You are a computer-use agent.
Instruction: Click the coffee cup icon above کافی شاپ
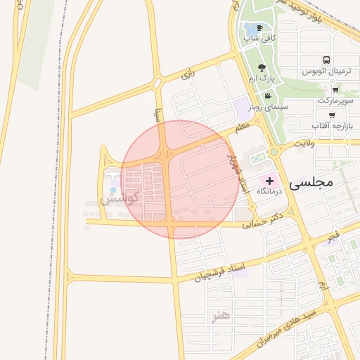[260, 28]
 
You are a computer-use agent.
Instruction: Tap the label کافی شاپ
[259, 38]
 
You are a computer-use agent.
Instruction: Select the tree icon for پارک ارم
[262, 68]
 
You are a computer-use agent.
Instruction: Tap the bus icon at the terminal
[327, 61]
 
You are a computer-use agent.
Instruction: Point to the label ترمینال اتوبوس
[327, 72]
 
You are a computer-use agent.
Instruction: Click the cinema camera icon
[267, 96]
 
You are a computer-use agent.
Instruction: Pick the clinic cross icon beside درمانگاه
[269, 181]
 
